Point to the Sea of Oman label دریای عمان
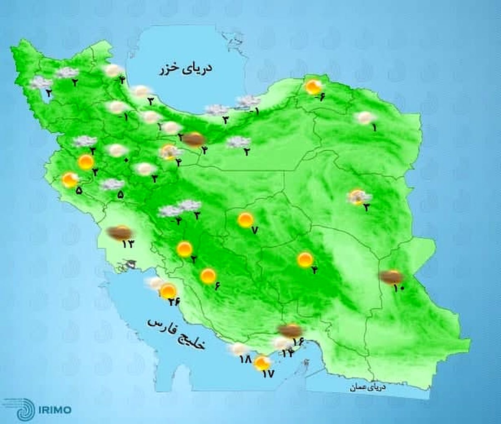click(368, 388)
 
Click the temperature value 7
click(253, 230)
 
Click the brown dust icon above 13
click(119, 232)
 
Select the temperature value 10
click(399, 287)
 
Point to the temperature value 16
click(298, 342)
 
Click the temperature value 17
click(268, 374)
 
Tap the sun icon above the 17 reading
click(262, 362)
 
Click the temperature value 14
click(288, 353)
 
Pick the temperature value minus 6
click(319, 97)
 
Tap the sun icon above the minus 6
click(312, 87)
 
